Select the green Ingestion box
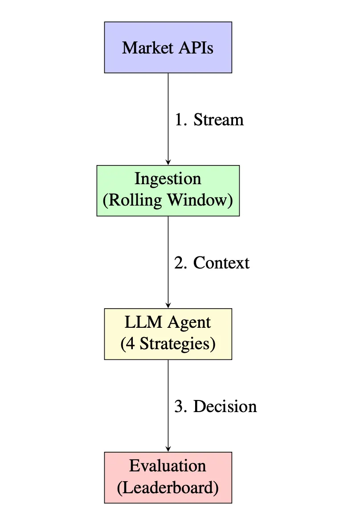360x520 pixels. click(x=168, y=190)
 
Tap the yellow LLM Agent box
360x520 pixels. click(x=168, y=334)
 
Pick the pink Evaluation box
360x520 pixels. click(x=168, y=477)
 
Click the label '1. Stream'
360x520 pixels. click(x=209, y=120)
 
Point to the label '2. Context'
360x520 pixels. click(x=212, y=263)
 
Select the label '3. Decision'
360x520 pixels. click(x=215, y=407)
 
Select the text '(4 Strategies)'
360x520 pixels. click(x=168, y=344)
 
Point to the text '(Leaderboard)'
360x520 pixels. click(x=168, y=488)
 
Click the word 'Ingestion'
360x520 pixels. click(x=168, y=179)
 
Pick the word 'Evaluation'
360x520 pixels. click(x=168, y=466)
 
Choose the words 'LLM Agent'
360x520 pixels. click(x=168, y=322)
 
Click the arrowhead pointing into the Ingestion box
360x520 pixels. click(x=168, y=162)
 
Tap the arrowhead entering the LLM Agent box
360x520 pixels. click(x=168, y=305)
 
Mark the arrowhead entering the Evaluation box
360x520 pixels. click(x=168, y=449)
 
